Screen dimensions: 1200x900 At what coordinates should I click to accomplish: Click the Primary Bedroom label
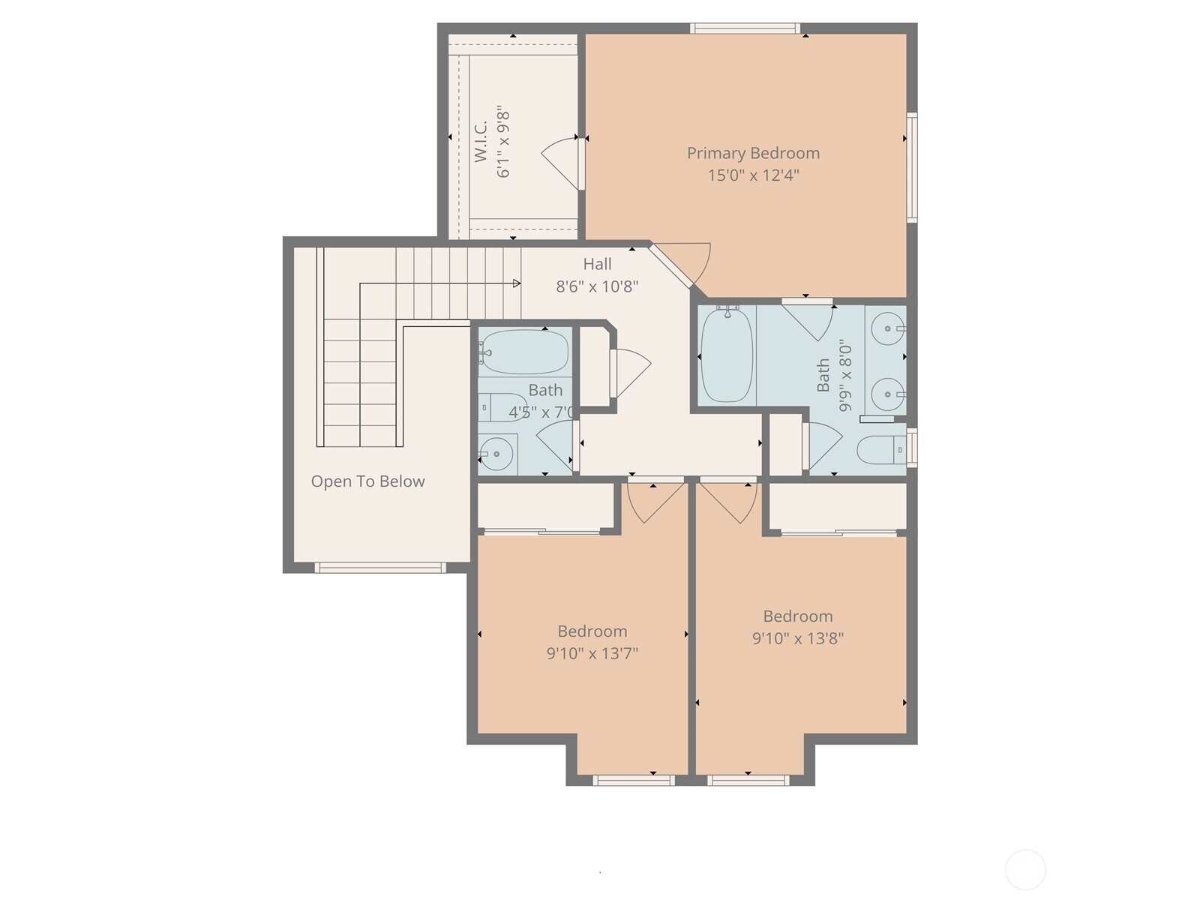[x=753, y=154]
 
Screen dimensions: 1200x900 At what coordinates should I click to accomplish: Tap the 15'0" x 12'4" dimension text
[x=753, y=175]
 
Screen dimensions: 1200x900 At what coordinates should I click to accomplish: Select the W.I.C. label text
[x=481, y=141]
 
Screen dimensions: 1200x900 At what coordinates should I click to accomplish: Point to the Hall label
[x=597, y=265]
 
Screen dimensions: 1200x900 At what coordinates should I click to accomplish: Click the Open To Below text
[x=367, y=481]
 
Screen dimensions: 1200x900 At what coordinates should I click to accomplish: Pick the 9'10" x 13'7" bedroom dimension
[x=592, y=653]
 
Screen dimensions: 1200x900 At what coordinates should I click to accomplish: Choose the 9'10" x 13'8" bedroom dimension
[x=798, y=638]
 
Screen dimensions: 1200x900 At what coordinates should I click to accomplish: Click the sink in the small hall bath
[x=496, y=454]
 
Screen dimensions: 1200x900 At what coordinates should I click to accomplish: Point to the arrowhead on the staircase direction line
[x=517, y=283]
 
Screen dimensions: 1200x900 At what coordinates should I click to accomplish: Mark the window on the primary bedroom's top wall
[x=745, y=28]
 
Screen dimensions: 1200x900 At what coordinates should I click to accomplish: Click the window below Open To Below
[x=380, y=568]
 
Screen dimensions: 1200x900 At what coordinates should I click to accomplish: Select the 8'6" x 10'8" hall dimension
[x=597, y=286]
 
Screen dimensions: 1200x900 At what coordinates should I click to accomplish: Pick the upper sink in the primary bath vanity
[x=887, y=328]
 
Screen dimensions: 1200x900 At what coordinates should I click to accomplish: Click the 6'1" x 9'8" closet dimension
[x=503, y=141]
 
